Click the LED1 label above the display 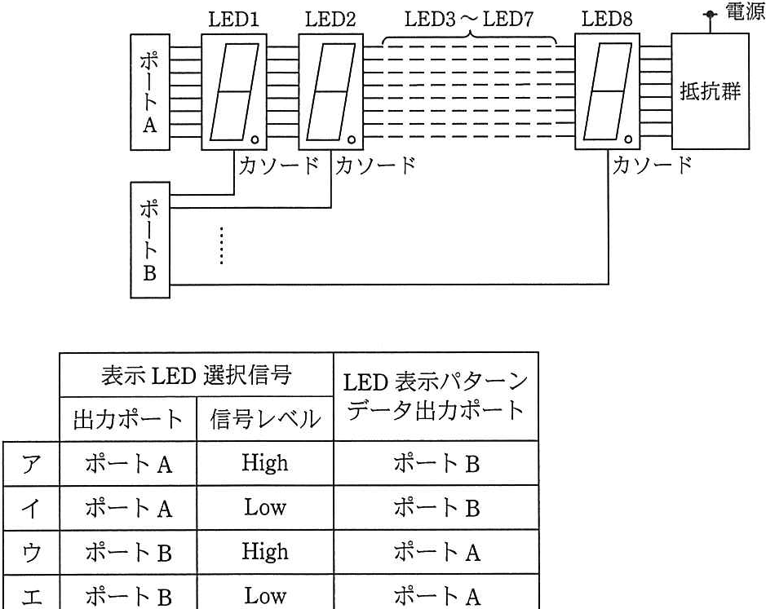[233, 19]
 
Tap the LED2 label [330, 19]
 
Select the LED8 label [607, 19]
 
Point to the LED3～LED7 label [469, 19]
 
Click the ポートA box [150, 92]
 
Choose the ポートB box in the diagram [150, 240]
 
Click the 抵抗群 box [711, 91]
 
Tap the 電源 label [746, 11]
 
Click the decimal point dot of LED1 [255, 140]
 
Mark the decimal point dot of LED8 [628, 140]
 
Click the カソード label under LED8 [652, 165]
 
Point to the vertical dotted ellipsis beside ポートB [222, 245]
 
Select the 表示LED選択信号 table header [197, 375]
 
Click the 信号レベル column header [265, 419]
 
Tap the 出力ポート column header [128, 419]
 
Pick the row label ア [31, 463]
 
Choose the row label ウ [31, 553]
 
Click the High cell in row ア [265, 463]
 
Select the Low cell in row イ [265, 507]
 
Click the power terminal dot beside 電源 [710, 15]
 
